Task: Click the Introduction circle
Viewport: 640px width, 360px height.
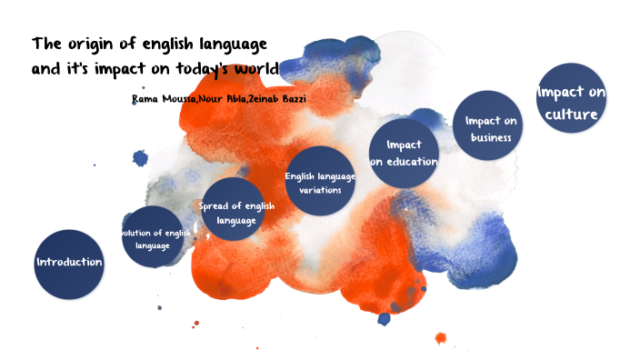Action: point(69,264)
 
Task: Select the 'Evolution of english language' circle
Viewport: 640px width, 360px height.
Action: point(152,238)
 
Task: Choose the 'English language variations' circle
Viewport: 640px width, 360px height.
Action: point(319,182)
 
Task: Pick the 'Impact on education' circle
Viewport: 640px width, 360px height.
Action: point(405,153)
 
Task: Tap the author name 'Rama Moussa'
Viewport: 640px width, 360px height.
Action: point(163,97)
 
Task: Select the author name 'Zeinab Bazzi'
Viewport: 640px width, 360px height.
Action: point(282,97)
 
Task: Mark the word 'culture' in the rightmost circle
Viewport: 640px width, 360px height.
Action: point(572,115)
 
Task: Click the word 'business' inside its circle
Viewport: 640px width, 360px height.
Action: point(491,138)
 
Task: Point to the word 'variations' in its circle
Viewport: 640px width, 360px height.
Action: point(320,191)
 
